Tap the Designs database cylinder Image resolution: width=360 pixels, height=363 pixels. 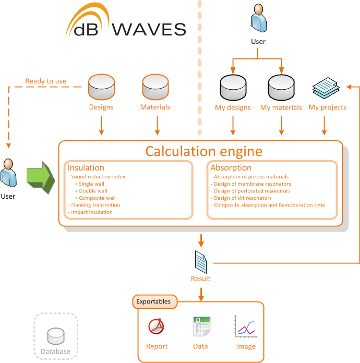click(x=101, y=86)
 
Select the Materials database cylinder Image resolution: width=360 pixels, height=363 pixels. click(x=155, y=86)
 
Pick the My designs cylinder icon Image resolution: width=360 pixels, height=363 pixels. click(x=233, y=87)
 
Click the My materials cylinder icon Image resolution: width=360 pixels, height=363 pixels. click(x=281, y=87)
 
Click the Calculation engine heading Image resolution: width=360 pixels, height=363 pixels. click(x=203, y=151)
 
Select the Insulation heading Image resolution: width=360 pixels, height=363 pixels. click(x=86, y=168)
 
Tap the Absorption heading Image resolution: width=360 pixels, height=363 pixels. click(x=231, y=168)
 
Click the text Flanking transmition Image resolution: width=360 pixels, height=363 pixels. click(x=94, y=205)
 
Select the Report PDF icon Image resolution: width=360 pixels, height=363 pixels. click(x=157, y=327)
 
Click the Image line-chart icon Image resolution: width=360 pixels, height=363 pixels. click(x=245, y=327)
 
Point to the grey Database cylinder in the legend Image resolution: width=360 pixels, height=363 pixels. click(x=55, y=337)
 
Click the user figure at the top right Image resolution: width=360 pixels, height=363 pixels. click(x=258, y=19)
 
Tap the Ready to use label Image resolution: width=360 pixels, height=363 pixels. click(x=46, y=81)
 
